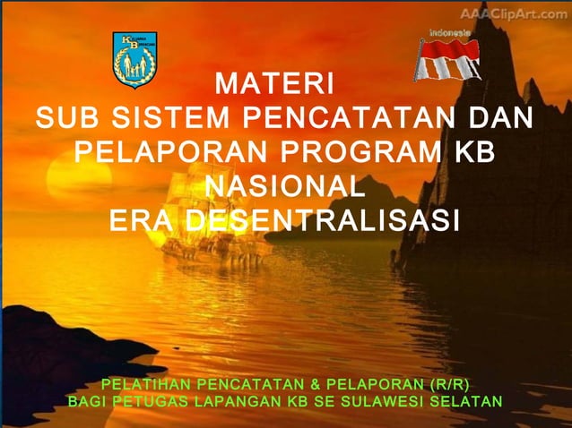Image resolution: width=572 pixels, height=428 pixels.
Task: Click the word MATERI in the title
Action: point(275,86)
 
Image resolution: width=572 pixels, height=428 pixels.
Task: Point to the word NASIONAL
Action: point(284,186)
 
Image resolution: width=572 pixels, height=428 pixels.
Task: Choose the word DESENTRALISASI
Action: point(322,220)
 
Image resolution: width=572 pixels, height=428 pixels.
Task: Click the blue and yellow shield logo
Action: point(134,59)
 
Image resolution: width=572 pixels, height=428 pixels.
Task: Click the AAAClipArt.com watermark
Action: point(514,14)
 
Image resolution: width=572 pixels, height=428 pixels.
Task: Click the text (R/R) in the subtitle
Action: point(449,384)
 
